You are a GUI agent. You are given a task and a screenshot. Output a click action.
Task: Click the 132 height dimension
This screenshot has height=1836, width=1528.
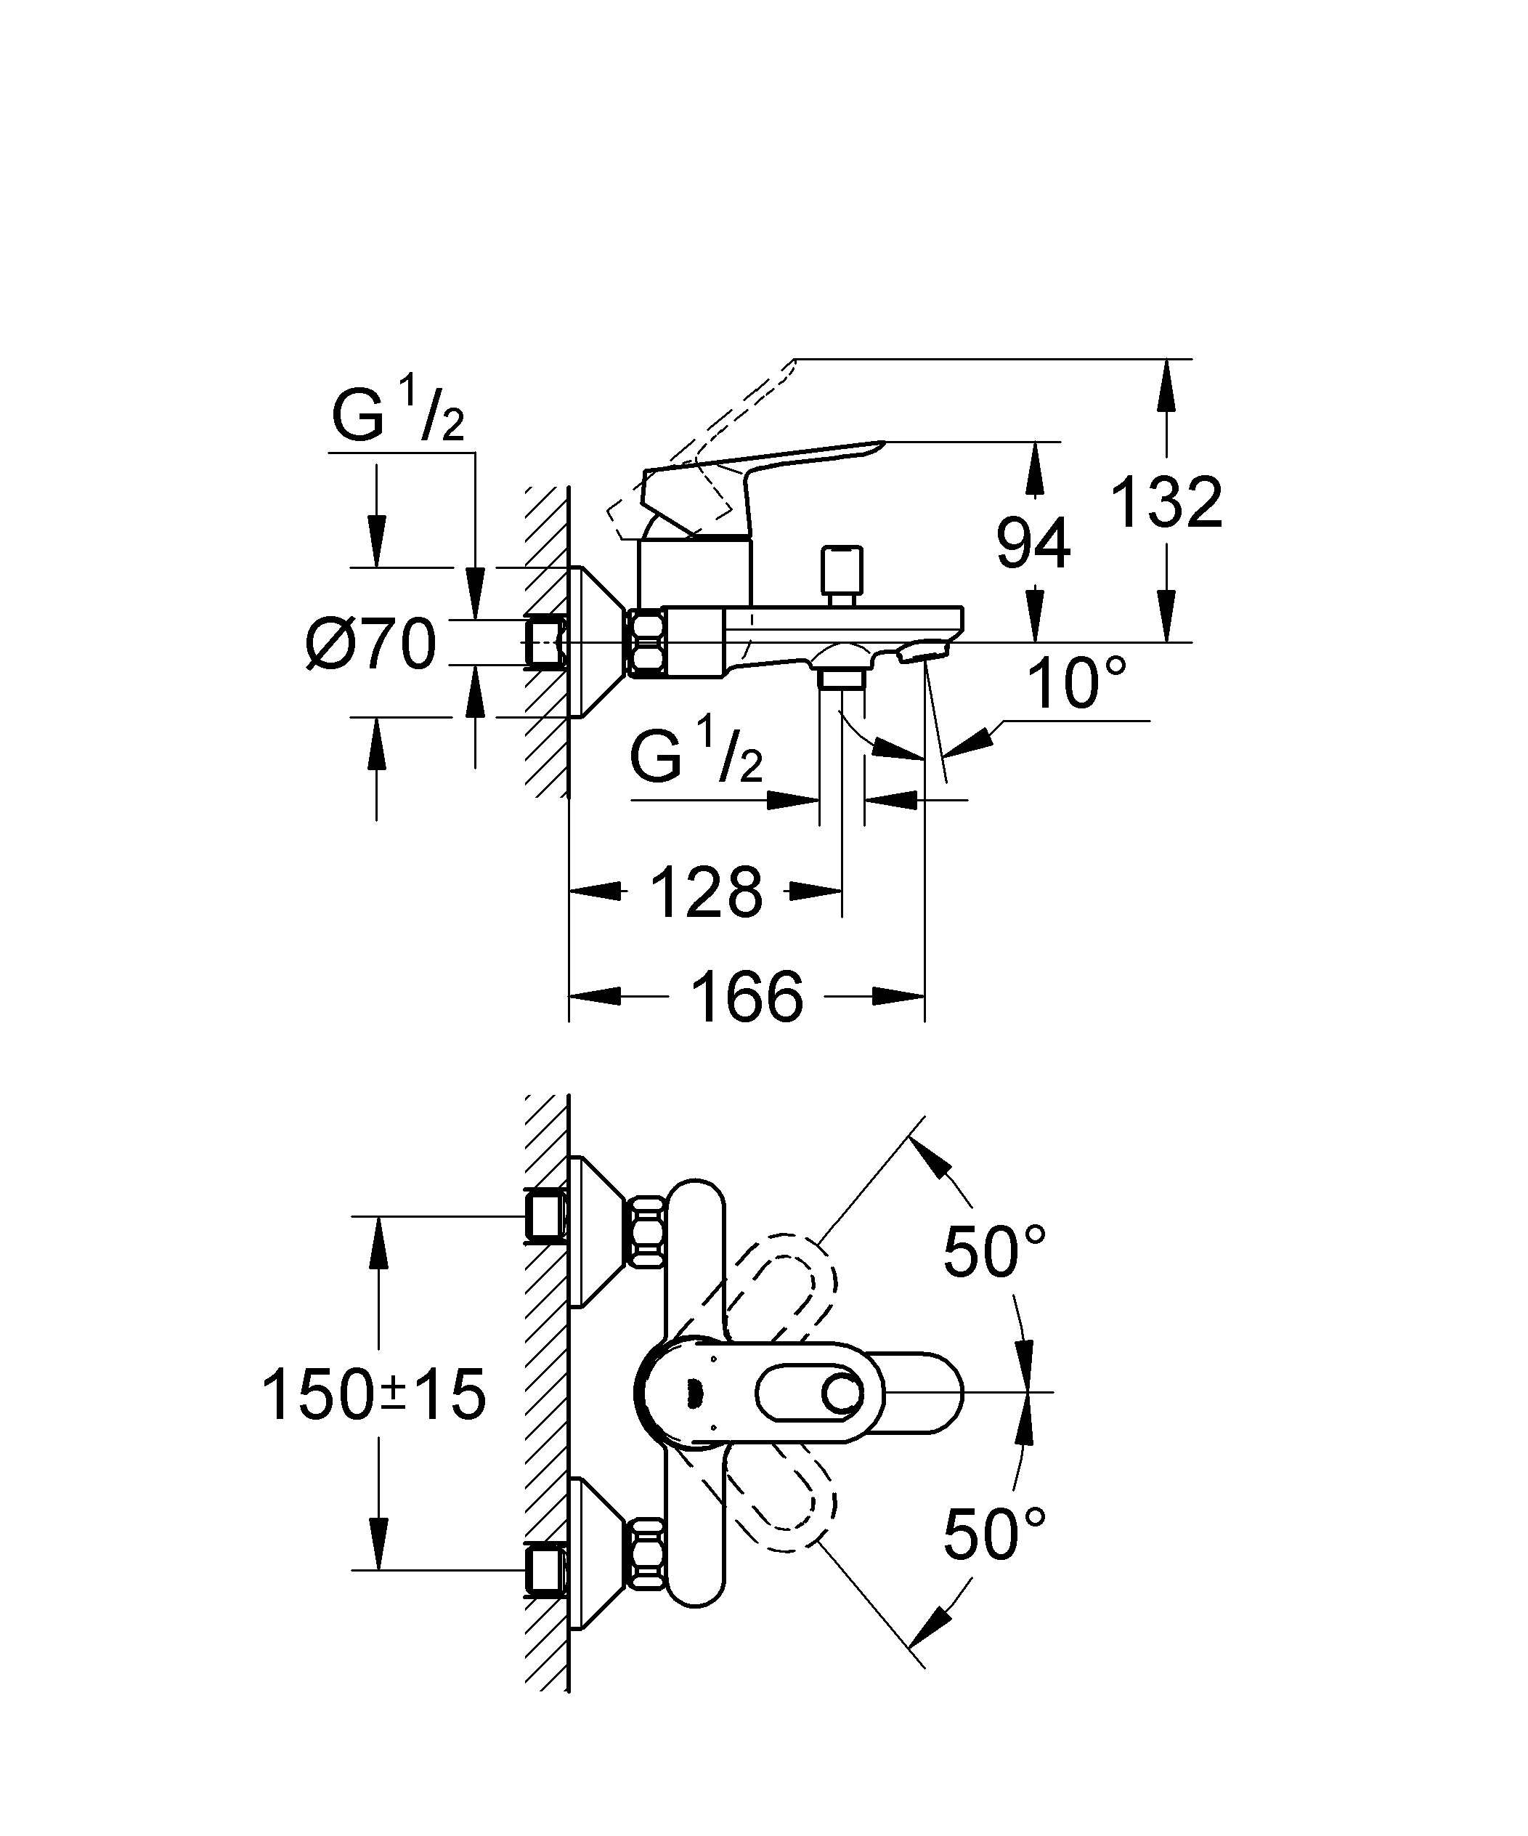[1166, 503]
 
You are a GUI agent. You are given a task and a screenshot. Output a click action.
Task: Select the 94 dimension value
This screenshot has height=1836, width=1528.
[1033, 543]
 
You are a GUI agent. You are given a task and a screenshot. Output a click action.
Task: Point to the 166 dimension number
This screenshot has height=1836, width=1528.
[747, 997]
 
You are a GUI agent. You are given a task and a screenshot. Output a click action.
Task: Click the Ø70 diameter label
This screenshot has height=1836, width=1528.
[370, 644]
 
